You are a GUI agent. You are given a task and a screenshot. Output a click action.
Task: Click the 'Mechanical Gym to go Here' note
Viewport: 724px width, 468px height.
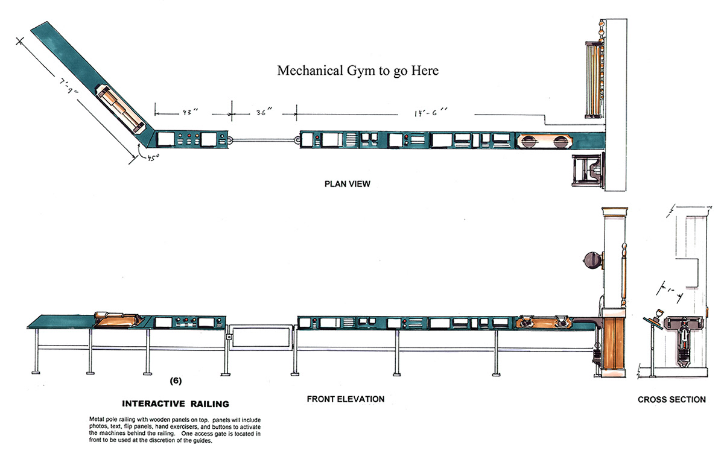click(358, 71)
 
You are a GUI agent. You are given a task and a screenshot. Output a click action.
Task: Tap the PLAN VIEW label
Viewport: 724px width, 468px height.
click(347, 184)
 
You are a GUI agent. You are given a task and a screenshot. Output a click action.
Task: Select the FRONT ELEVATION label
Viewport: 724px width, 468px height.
click(345, 399)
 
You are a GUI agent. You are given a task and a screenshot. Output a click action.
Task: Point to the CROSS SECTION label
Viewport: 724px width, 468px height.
click(672, 399)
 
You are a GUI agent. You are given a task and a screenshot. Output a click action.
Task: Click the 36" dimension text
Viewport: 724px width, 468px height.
click(263, 112)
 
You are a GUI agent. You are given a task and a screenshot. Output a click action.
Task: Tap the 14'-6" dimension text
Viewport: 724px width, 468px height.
click(431, 112)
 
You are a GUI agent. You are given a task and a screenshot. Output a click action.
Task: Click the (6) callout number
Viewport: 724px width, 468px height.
click(176, 381)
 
